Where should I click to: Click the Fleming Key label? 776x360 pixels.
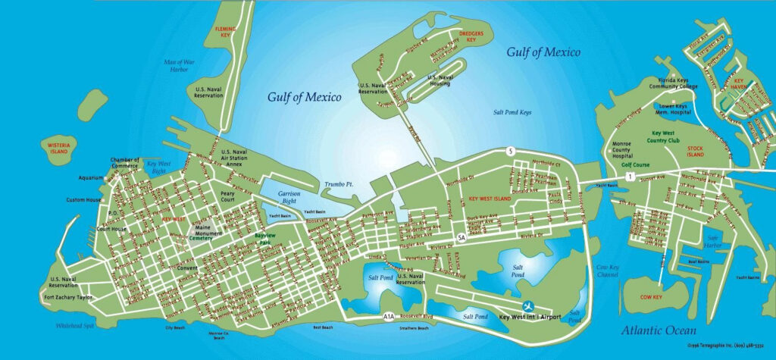coord(226,32)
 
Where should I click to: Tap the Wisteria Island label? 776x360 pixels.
coord(58,146)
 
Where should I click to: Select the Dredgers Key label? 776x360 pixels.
coord(476,36)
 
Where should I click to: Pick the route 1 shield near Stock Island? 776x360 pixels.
coord(630,176)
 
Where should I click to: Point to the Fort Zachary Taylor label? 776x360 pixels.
coord(67,298)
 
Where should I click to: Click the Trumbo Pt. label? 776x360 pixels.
coord(339,184)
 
